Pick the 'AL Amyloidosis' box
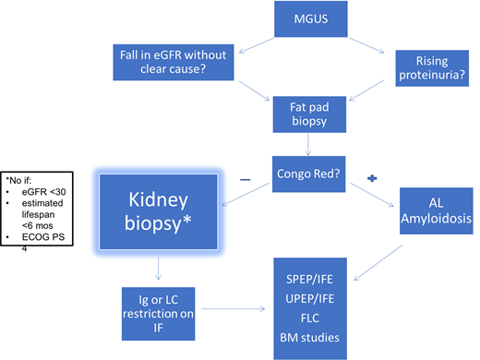point(435,211)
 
